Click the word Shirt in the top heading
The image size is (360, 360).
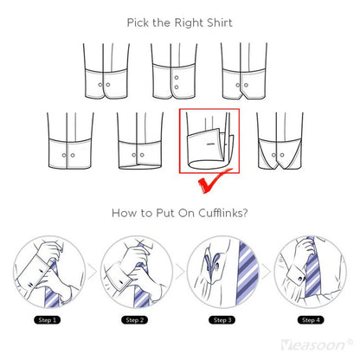tap(219, 22)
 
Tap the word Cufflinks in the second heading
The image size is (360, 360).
tap(219, 213)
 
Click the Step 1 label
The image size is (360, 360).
tap(48, 320)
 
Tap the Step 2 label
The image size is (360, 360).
tap(135, 320)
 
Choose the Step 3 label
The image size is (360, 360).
tap(222, 320)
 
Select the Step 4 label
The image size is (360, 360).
tap(311, 320)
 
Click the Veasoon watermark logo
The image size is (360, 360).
tap(317, 344)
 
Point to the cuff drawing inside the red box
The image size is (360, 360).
tap(209, 141)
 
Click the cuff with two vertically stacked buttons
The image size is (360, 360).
tap(174, 71)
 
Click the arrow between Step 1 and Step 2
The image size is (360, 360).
tap(92, 272)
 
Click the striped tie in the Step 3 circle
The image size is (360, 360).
tap(247, 273)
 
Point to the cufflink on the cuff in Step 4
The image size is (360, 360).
tap(301, 279)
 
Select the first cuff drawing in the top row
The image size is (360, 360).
tap(106, 71)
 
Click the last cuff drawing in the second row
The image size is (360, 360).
tap(280, 141)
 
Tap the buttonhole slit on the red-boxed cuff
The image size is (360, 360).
tap(211, 144)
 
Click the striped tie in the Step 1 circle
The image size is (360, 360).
tap(51, 288)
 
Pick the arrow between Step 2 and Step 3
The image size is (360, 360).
tap(179, 272)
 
